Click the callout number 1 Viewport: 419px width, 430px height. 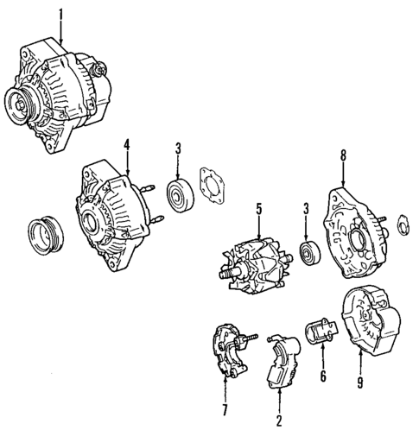[x=61, y=13]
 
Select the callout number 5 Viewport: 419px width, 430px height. [x=257, y=207]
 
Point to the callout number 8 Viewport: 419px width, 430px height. [x=343, y=155]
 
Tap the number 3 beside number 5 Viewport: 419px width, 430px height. [x=306, y=207]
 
